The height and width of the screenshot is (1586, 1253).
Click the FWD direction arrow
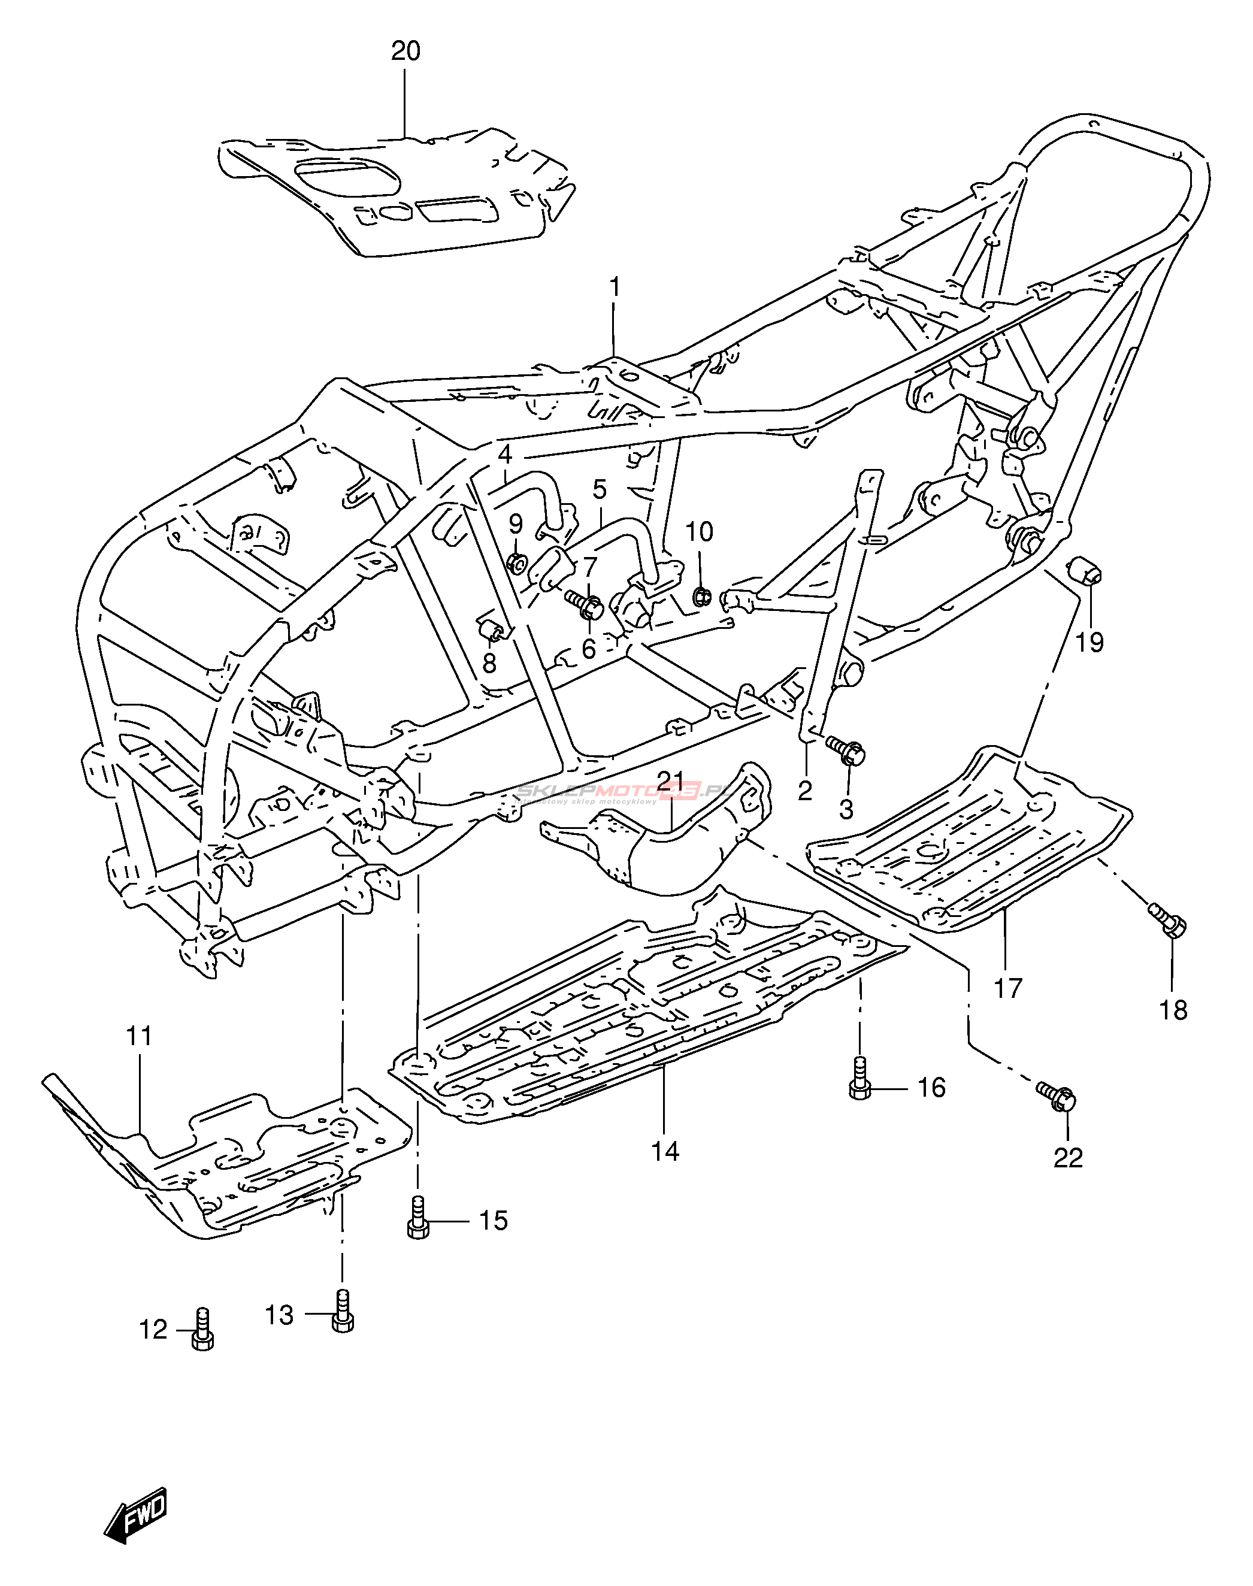coord(137,1515)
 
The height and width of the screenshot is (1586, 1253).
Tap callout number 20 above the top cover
coord(405,52)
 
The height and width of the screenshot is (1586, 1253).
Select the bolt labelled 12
coord(203,1330)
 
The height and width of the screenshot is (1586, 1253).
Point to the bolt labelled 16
coord(859,1086)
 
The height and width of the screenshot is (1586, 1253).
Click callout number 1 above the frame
coord(615,287)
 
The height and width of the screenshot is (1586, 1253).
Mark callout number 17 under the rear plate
coord(1008,988)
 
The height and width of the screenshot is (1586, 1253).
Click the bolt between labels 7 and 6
coord(586,605)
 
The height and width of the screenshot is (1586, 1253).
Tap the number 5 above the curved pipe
coord(600,489)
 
